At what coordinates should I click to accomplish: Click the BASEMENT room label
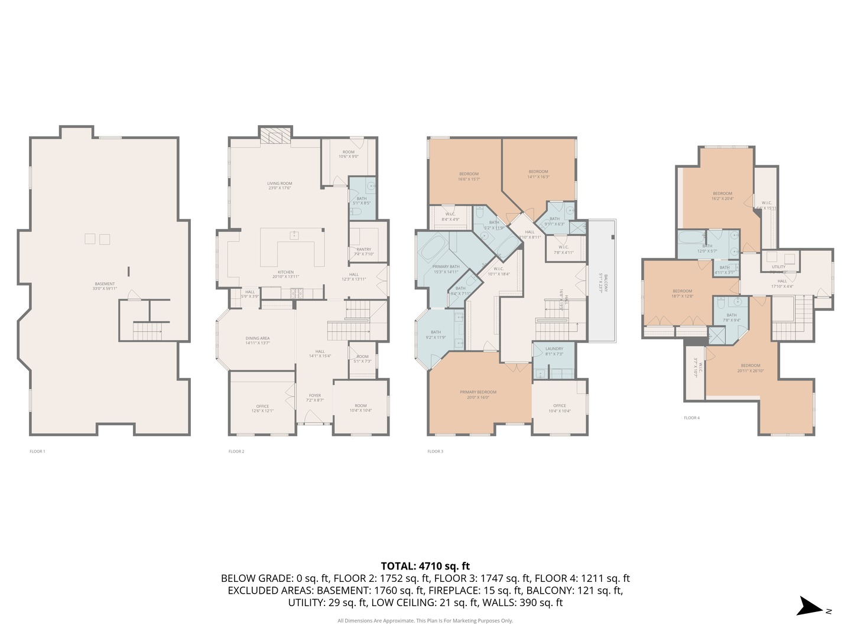(x=105, y=284)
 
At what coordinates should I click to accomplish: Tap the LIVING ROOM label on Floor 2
(x=280, y=184)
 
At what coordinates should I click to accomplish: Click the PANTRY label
(x=364, y=249)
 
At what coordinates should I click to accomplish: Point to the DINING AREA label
(x=258, y=338)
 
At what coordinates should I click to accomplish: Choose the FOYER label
(x=315, y=396)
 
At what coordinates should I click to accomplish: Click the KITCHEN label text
(x=286, y=272)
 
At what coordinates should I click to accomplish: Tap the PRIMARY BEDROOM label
(x=478, y=392)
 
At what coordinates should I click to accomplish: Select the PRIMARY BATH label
(x=446, y=266)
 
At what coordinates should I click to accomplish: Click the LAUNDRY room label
(x=554, y=349)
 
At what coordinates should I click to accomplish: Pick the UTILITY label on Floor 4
(x=778, y=267)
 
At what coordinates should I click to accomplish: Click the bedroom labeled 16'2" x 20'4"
(x=722, y=194)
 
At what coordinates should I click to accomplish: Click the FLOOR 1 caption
(x=37, y=451)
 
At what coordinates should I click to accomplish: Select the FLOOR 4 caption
(x=691, y=418)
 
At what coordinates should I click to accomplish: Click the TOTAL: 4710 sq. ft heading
(x=425, y=566)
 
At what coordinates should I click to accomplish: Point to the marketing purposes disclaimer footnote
(x=425, y=621)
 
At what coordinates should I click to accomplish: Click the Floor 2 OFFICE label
(x=262, y=406)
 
